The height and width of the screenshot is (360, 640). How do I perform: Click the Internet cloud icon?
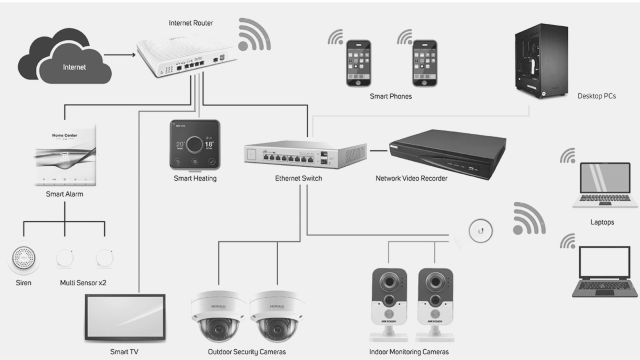pyautogui.click(x=64, y=58)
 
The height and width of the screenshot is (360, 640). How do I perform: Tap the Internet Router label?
pyautogui.click(x=191, y=23)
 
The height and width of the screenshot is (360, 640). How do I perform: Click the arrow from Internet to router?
pyautogui.click(x=120, y=55)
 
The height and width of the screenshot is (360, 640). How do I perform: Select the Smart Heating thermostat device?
pyautogui.click(x=195, y=145)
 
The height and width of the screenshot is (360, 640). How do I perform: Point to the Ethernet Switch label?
pyautogui.click(x=298, y=178)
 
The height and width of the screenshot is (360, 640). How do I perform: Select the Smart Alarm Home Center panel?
pyautogui.click(x=65, y=156)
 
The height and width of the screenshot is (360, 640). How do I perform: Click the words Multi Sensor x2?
pyautogui.click(x=83, y=283)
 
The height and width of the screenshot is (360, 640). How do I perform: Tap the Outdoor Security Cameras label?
pyautogui.click(x=247, y=352)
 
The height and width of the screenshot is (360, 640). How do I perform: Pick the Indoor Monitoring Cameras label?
pyautogui.click(x=409, y=352)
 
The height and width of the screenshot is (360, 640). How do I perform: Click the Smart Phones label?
pyautogui.click(x=391, y=96)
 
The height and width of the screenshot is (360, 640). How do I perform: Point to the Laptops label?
pyautogui.click(x=602, y=222)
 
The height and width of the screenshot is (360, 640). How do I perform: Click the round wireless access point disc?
pyautogui.click(x=480, y=231)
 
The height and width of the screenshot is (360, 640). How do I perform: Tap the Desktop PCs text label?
pyautogui.click(x=596, y=96)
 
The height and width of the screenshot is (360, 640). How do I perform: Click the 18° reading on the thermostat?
pyautogui.click(x=209, y=144)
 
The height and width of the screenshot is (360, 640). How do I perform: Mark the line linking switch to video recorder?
pyautogui.click(x=378, y=151)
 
